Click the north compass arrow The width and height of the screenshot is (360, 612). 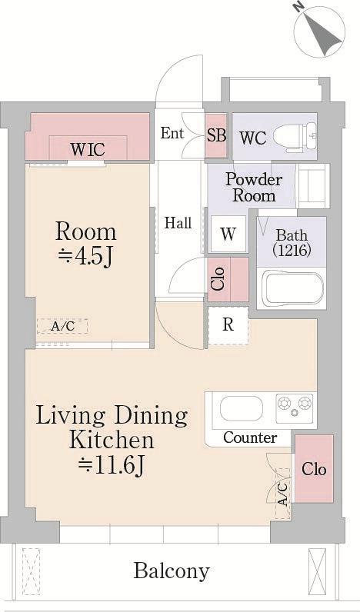[x=322, y=33]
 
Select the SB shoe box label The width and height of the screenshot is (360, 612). [x=216, y=135]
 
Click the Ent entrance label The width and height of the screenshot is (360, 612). [x=172, y=133]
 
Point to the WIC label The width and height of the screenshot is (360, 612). [x=88, y=149]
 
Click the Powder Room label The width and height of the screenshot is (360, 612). [x=254, y=187]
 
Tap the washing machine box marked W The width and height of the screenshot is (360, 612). [x=228, y=234]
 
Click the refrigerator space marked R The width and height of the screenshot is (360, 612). [x=228, y=325]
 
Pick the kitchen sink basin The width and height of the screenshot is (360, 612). [x=242, y=408]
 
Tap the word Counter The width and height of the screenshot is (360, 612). [x=250, y=437]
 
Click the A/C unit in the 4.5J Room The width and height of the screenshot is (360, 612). [x=62, y=326]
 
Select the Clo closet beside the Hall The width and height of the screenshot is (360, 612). [x=228, y=278]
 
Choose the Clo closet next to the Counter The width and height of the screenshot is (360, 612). [x=314, y=469]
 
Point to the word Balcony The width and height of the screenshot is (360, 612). [x=172, y=571]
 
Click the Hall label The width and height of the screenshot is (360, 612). [x=178, y=223]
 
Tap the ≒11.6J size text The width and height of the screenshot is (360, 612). [x=112, y=464]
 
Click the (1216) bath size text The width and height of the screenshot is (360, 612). [x=292, y=250]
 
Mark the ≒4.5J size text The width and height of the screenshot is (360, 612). [x=85, y=257]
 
